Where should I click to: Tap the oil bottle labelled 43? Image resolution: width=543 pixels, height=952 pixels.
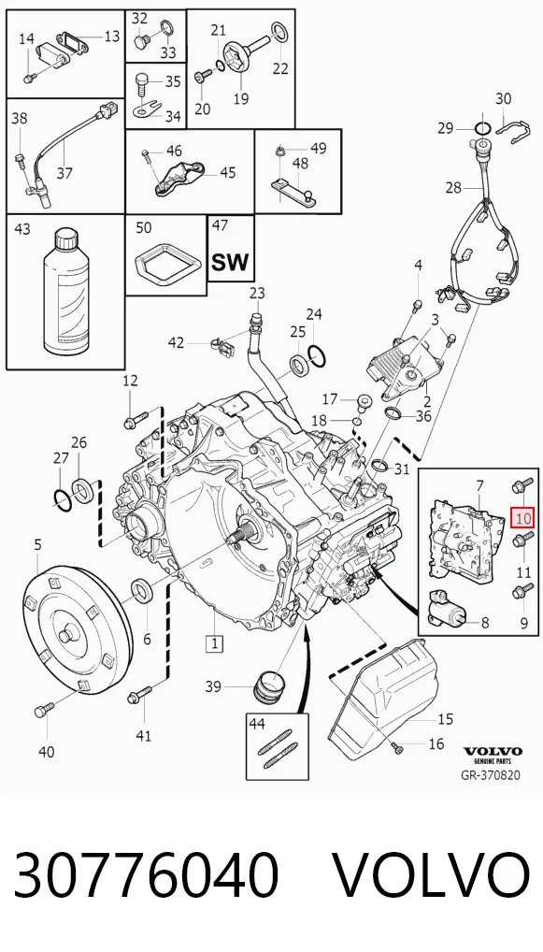(66, 292)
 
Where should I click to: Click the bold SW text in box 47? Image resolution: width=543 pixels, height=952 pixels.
(231, 262)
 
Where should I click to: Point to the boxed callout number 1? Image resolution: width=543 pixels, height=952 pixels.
(214, 643)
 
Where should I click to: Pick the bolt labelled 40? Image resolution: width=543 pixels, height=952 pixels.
(45, 709)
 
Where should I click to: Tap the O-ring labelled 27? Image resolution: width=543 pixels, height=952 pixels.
(62, 499)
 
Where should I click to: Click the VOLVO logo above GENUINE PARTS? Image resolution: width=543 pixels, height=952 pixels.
(492, 751)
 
